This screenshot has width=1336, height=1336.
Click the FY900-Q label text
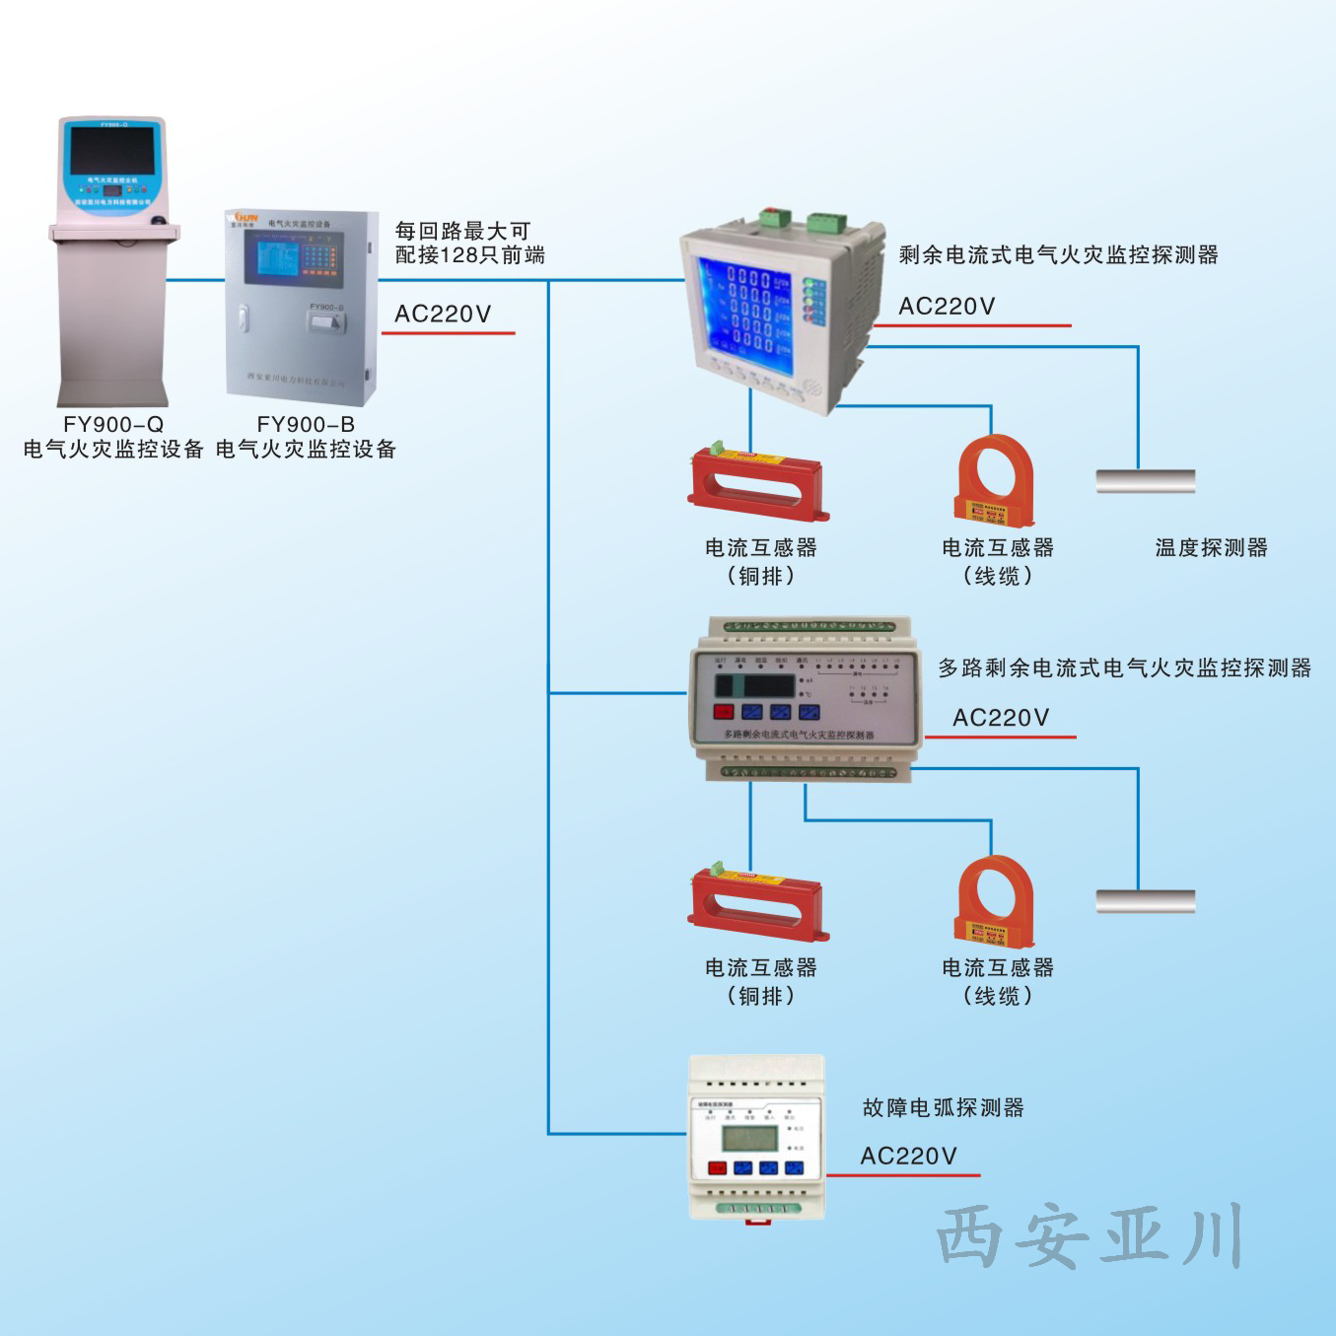tap(113, 424)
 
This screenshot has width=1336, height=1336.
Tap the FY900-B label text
tap(306, 424)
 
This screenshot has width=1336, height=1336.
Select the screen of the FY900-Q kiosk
tap(111, 150)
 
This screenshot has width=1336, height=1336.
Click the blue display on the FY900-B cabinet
tap(277, 258)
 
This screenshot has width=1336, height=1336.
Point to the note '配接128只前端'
tap(469, 255)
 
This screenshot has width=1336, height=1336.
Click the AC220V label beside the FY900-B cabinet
tap(443, 315)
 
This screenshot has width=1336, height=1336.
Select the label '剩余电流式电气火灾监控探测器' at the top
tap(1058, 255)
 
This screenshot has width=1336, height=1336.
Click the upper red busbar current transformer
tap(757, 484)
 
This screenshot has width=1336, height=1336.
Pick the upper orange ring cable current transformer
tap(995, 481)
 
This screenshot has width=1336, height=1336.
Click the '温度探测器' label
tap(1211, 547)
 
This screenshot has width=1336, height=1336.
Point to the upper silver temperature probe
tap(1145, 481)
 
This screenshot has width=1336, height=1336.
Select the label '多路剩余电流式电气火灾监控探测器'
tap(1124, 668)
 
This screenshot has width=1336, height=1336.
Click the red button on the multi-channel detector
tap(723, 712)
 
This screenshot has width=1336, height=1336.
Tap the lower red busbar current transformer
tap(757, 903)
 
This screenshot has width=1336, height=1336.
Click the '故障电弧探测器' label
tap(943, 1108)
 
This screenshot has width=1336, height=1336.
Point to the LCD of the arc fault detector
tap(749, 1139)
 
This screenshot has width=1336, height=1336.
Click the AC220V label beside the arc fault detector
tap(908, 1157)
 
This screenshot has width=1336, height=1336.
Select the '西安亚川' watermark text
tap(1089, 1235)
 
